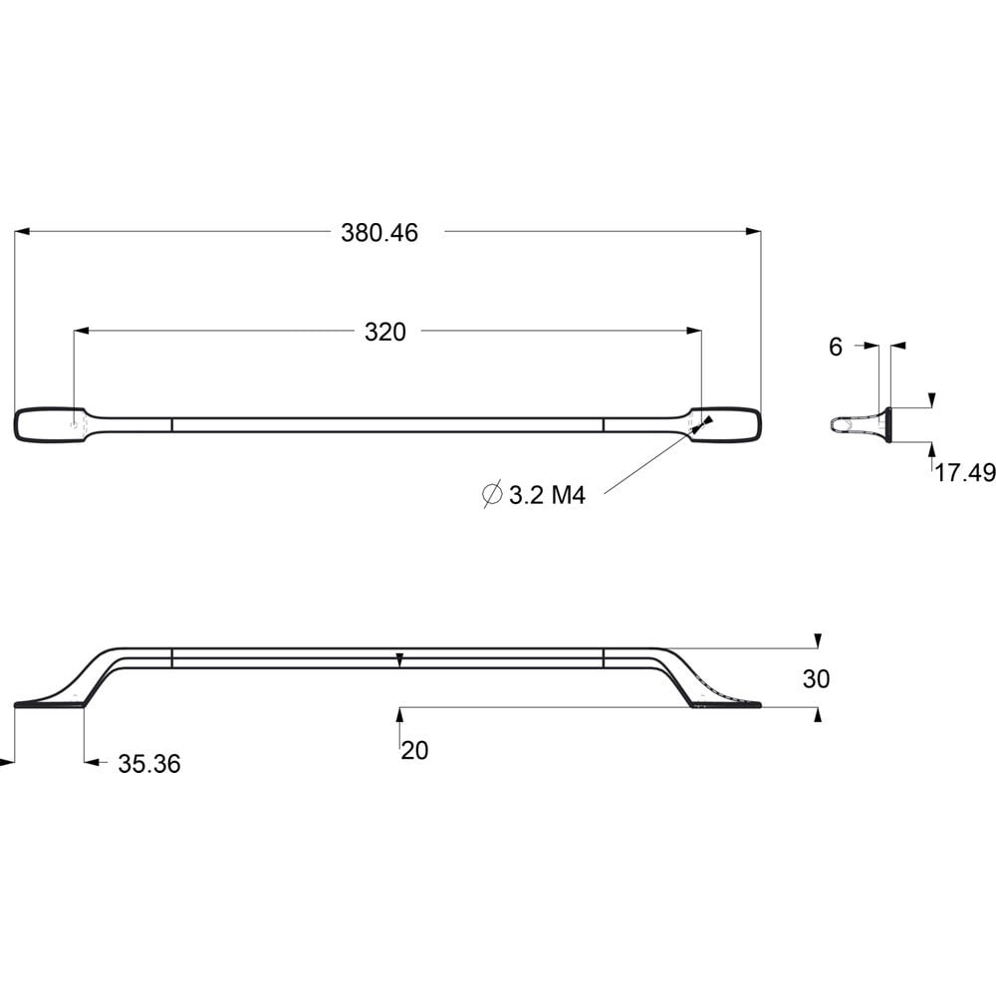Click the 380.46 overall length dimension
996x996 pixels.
click(379, 232)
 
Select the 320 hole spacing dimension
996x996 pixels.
click(384, 332)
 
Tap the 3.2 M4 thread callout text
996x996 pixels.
click(547, 495)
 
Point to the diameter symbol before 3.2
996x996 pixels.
click(492, 494)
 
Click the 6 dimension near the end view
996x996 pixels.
click(836, 347)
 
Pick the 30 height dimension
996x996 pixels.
click(817, 679)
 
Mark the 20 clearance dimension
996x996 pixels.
click(414, 750)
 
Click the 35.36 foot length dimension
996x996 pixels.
click(149, 764)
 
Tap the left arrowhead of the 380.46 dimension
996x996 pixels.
click(22, 232)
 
